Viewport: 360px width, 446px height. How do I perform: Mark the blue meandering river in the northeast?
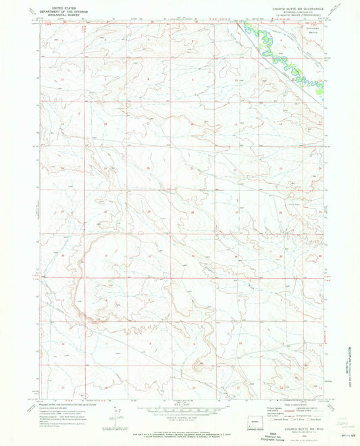point(284,51)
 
